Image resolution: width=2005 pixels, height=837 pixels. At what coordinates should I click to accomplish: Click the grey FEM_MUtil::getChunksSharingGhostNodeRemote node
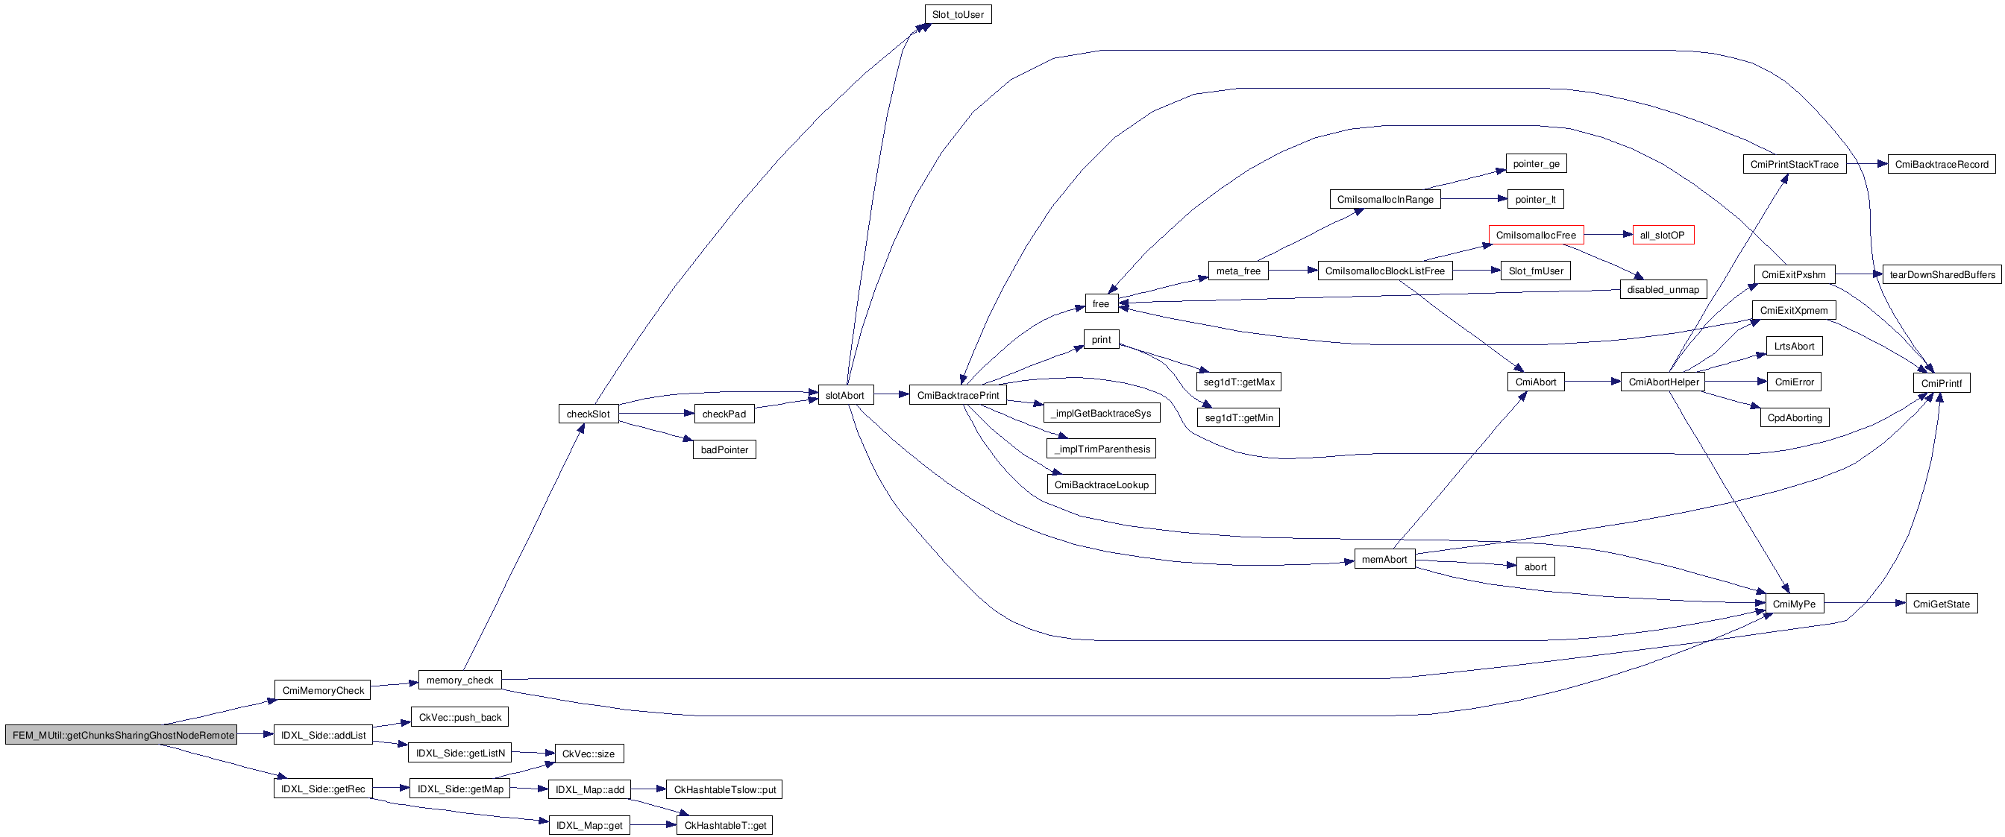click(x=122, y=735)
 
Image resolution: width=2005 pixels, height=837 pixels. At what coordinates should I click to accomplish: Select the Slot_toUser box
click(x=957, y=15)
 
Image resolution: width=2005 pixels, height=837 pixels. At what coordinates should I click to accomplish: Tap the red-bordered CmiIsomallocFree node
click(x=1535, y=235)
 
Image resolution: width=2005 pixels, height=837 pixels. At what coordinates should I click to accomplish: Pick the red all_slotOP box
click(x=1662, y=235)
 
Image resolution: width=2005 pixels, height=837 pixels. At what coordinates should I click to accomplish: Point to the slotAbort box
click(x=844, y=395)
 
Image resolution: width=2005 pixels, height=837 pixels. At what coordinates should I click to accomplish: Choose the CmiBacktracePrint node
click(x=957, y=395)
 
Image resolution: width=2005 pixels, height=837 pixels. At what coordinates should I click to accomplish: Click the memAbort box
click(x=1384, y=559)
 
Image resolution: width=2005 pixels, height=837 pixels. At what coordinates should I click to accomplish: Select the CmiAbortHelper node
click(x=1663, y=382)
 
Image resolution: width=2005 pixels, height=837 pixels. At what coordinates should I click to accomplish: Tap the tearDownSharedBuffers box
click(x=1941, y=274)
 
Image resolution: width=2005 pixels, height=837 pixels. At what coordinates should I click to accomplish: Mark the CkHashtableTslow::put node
click(x=724, y=789)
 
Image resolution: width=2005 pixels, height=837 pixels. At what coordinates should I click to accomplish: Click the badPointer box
click(x=724, y=449)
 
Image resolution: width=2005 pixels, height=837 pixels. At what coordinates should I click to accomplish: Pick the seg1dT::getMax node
click(x=1238, y=382)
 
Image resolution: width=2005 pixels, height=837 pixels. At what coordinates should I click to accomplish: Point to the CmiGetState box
click(x=1940, y=604)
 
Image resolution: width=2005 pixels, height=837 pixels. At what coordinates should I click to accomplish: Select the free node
click(x=1100, y=303)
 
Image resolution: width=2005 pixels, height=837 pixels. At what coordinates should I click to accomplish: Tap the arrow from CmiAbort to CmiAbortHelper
click(x=1593, y=382)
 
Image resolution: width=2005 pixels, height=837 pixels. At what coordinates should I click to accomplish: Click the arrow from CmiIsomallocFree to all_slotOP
click(x=1607, y=235)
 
